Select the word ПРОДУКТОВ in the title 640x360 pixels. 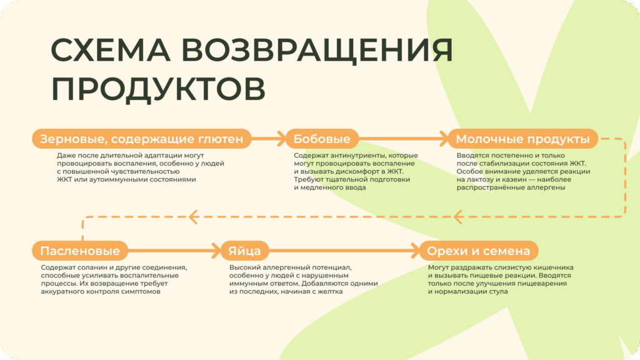(157, 89)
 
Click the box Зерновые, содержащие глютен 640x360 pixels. (141, 139)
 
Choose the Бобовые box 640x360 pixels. (322, 139)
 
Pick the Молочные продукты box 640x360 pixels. (522, 139)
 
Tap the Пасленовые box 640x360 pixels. (80, 251)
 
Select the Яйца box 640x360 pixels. (241, 251)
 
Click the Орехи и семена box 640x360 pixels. (478, 251)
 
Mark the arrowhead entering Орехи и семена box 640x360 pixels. (414, 251)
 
